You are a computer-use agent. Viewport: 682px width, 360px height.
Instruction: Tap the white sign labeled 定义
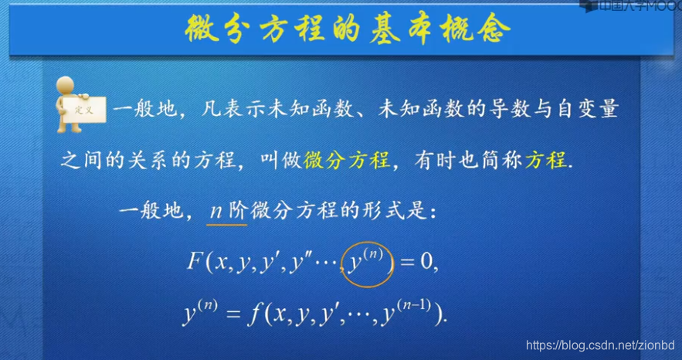(83, 110)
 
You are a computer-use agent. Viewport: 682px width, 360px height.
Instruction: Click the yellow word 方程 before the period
(545, 161)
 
